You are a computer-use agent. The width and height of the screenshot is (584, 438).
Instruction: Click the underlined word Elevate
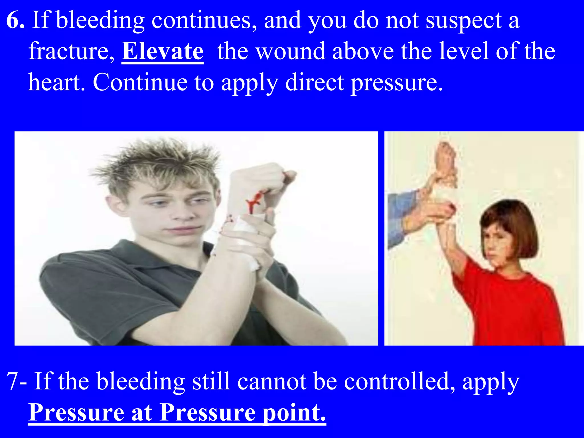(x=163, y=51)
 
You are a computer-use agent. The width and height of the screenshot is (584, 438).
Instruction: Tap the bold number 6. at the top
(x=15, y=21)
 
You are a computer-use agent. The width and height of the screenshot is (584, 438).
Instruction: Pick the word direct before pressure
(x=315, y=83)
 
